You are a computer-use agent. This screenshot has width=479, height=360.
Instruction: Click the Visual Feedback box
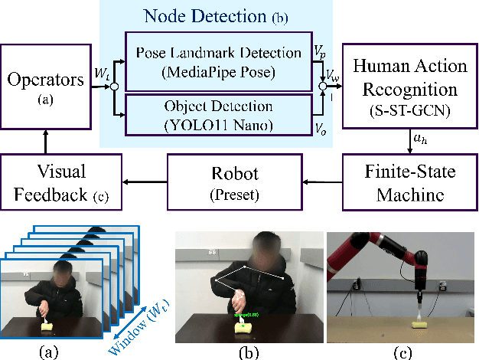click(61, 182)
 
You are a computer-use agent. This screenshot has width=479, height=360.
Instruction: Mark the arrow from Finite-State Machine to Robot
click(321, 182)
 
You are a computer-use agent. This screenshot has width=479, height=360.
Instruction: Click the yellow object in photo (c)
click(420, 324)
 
